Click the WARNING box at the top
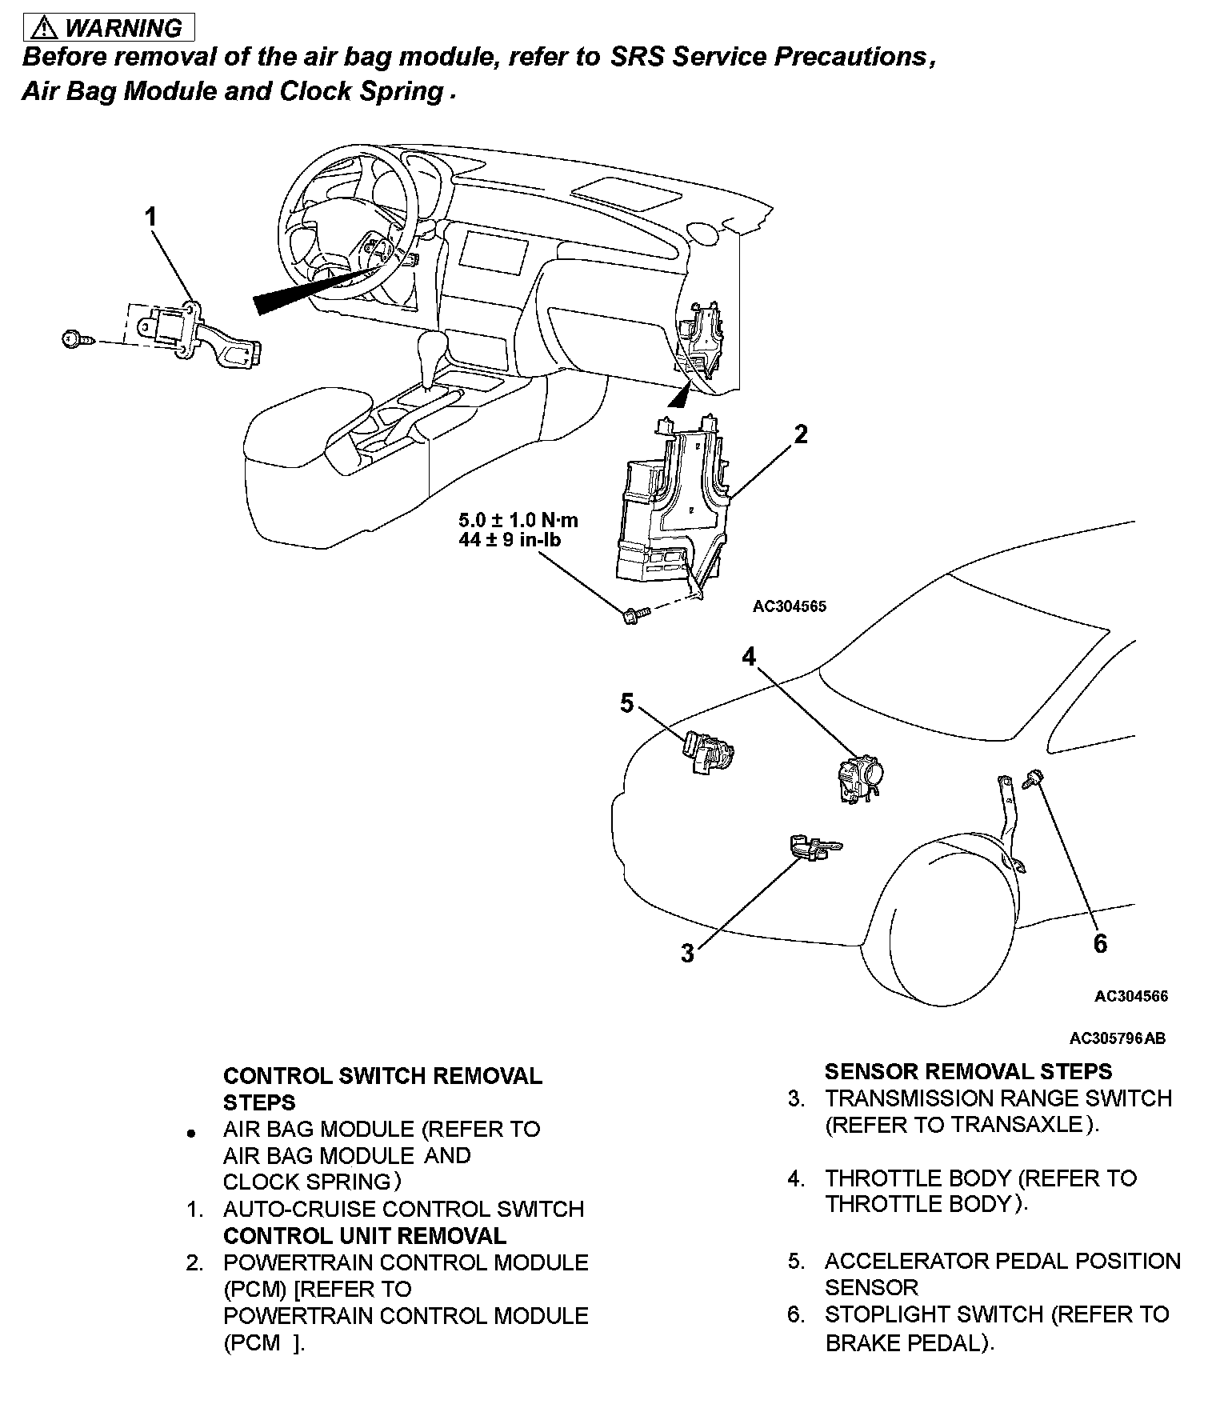[x=109, y=28]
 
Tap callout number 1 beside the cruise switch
[x=150, y=217]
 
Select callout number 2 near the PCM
[x=800, y=434]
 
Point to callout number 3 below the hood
[x=687, y=954]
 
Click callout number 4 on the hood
[x=748, y=657]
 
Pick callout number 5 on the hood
[x=626, y=703]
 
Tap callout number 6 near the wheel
[x=1101, y=944]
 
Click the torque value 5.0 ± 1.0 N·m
[x=518, y=520]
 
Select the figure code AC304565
[x=789, y=606]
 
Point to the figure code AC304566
[x=1130, y=996]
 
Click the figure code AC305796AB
[x=1117, y=1038]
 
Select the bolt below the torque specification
[x=632, y=615]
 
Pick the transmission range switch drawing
[x=812, y=847]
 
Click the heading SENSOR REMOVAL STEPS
[x=968, y=1071]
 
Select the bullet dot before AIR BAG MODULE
[x=190, y=1134]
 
